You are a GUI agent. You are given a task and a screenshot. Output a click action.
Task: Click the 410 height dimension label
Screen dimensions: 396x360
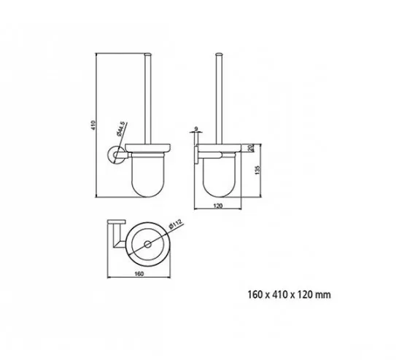[93, 125]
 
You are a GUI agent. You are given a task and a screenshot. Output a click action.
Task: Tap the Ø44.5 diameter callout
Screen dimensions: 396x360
[121, 129]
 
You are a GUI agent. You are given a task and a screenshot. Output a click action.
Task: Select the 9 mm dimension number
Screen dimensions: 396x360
[196, 129]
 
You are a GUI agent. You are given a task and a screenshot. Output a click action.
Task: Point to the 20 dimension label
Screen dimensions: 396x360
[251, 148]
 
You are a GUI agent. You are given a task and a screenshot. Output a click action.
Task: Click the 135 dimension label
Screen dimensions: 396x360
[257, 170]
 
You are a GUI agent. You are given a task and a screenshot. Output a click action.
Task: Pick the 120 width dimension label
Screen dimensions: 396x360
[218, 206]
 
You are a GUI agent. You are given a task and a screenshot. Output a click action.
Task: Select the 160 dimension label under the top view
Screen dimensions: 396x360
[139, 274]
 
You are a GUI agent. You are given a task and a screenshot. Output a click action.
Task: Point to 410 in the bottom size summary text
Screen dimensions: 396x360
[279, 294]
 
